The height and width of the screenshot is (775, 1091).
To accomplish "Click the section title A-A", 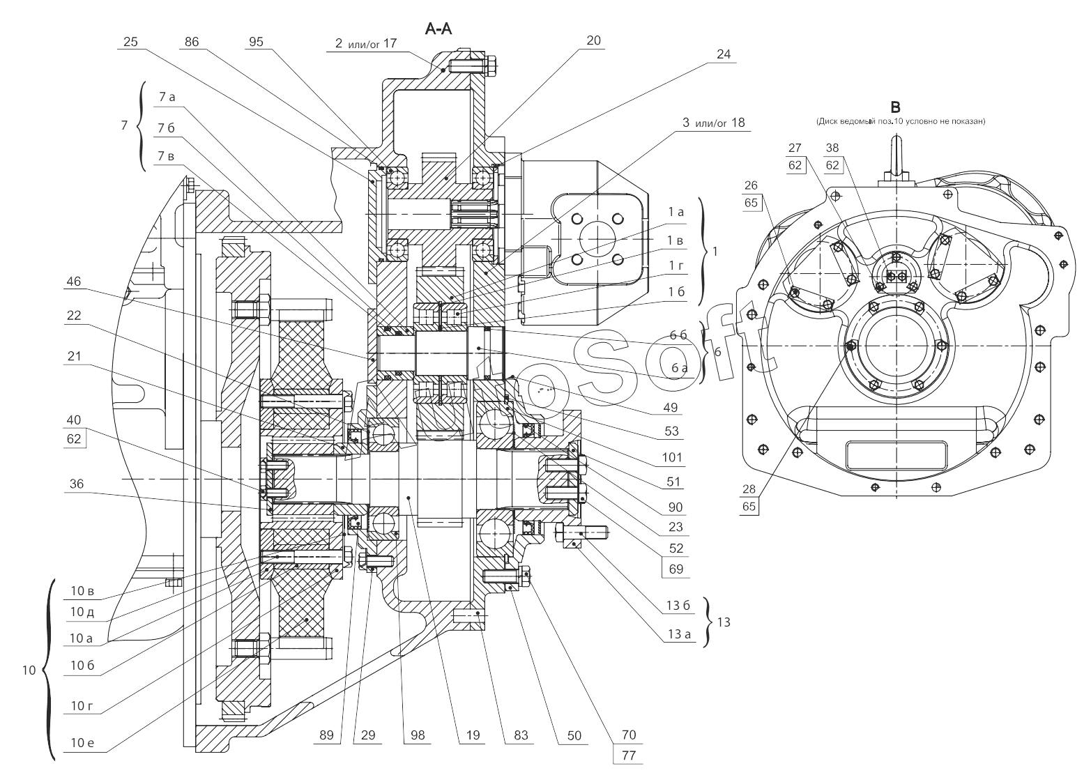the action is pyautogui.click(x=438, y=29).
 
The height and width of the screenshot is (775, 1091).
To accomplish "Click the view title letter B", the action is pyautogui.click(x=895, y=107).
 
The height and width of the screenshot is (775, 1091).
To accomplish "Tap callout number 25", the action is pyautogui.click(x=130, y=42).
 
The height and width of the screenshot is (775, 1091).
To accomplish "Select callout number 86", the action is pyautogui.click(x=192, y=42).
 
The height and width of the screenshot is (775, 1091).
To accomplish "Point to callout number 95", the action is pyautogui.click(x=256, y=42).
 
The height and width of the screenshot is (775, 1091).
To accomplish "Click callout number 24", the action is pyautogui.click(x=724, y=54).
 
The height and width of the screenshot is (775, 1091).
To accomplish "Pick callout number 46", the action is pyautogui.click(x=73, y=282).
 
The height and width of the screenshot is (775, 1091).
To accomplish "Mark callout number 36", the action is pyautogui.click(x=77, y=484).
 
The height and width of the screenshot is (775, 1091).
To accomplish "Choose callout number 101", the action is pyautogui.click(x=671, y=457).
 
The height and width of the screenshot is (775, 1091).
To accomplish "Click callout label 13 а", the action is pyautogui.click(x=680, y=634).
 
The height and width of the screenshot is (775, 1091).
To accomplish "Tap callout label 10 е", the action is pyautogui.click(x=82, y=742).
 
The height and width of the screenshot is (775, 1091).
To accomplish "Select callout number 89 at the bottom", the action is pyautogui.click(x=326, y=735).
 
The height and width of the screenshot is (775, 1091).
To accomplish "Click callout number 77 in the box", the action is pyautogui.click(x=629, y=755).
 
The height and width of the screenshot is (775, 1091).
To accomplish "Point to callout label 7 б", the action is pyautogui.click(x=166, y=128).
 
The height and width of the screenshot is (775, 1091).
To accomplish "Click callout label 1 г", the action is pyautogui.click(x=676, y=266).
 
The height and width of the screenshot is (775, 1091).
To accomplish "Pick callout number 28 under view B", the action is pyautogui.click(x=749, y=489).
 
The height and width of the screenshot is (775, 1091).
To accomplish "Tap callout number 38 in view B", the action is pyautogui.click(x=832, y=148).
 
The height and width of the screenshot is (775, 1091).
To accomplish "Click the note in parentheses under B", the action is pyautogui.click(x=901, y=121).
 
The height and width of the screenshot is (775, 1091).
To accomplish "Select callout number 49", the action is pyautogui.click(x=670, y=408).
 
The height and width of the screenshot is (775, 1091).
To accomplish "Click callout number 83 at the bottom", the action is pyautogui.click(x=521, y=735).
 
